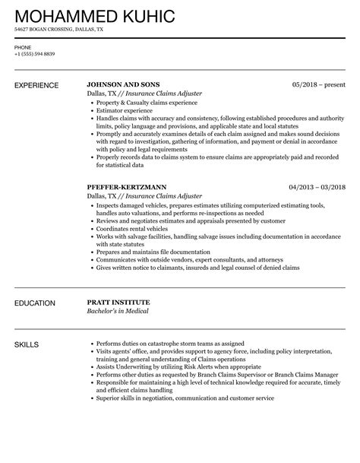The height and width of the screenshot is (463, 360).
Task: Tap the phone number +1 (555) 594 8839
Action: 35,55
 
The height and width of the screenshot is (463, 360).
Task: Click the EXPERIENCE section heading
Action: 39,84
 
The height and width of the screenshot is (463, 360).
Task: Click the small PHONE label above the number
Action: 23,46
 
